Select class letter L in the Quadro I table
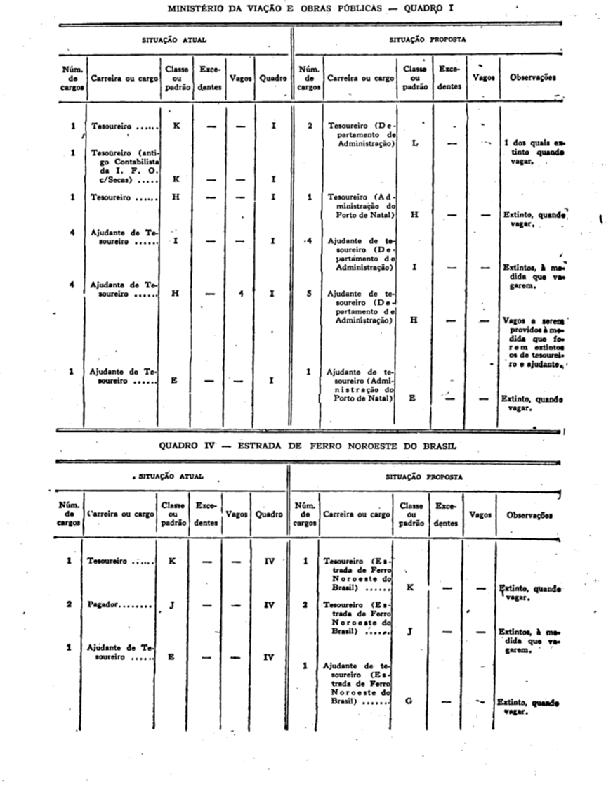click(x=414, y=143)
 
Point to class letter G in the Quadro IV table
click(x=409, y=701)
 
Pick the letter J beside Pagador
click(x=171, y=604)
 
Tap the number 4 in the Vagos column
click(x=240, y=293)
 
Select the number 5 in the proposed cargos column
click(x=309, y=293)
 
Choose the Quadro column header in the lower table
click(x=269, y=514)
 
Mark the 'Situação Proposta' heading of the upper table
click(x=428, y=41)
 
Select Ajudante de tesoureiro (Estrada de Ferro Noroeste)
click(x=356, y=682)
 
